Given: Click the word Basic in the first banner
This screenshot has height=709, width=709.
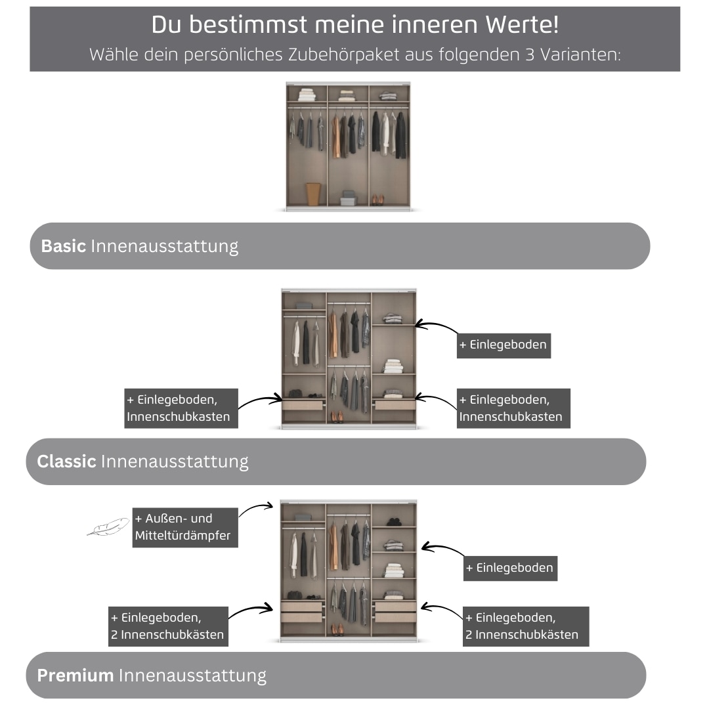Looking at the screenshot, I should click(x=64, y=246).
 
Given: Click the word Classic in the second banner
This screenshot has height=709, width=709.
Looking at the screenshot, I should click(x=66, y=462).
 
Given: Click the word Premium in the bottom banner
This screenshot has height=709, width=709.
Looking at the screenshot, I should click(x=75, y=676).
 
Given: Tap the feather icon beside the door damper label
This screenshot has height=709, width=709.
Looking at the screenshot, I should click(x=108, y=526).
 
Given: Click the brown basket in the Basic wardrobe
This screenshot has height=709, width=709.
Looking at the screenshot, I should click(x=313, y=194).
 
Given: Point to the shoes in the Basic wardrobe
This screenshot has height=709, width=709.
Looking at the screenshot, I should click(x=377, y=200).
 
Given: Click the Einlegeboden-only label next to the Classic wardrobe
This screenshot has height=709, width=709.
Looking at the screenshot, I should click(x=504, y=345).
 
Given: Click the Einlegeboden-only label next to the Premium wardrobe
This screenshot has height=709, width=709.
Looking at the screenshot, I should click(x=510, y=568).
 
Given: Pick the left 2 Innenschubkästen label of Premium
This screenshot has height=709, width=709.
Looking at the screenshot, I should click(x=168, y=626).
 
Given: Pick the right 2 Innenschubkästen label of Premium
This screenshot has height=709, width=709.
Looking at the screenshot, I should click(x=525, y=626).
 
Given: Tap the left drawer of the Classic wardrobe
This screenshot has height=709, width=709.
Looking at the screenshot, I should click(x=303, y=405).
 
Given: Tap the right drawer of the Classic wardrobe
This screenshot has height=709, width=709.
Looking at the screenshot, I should click(x=394, y=405).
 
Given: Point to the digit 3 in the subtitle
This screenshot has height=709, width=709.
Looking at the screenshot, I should click(x=530, y=54).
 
